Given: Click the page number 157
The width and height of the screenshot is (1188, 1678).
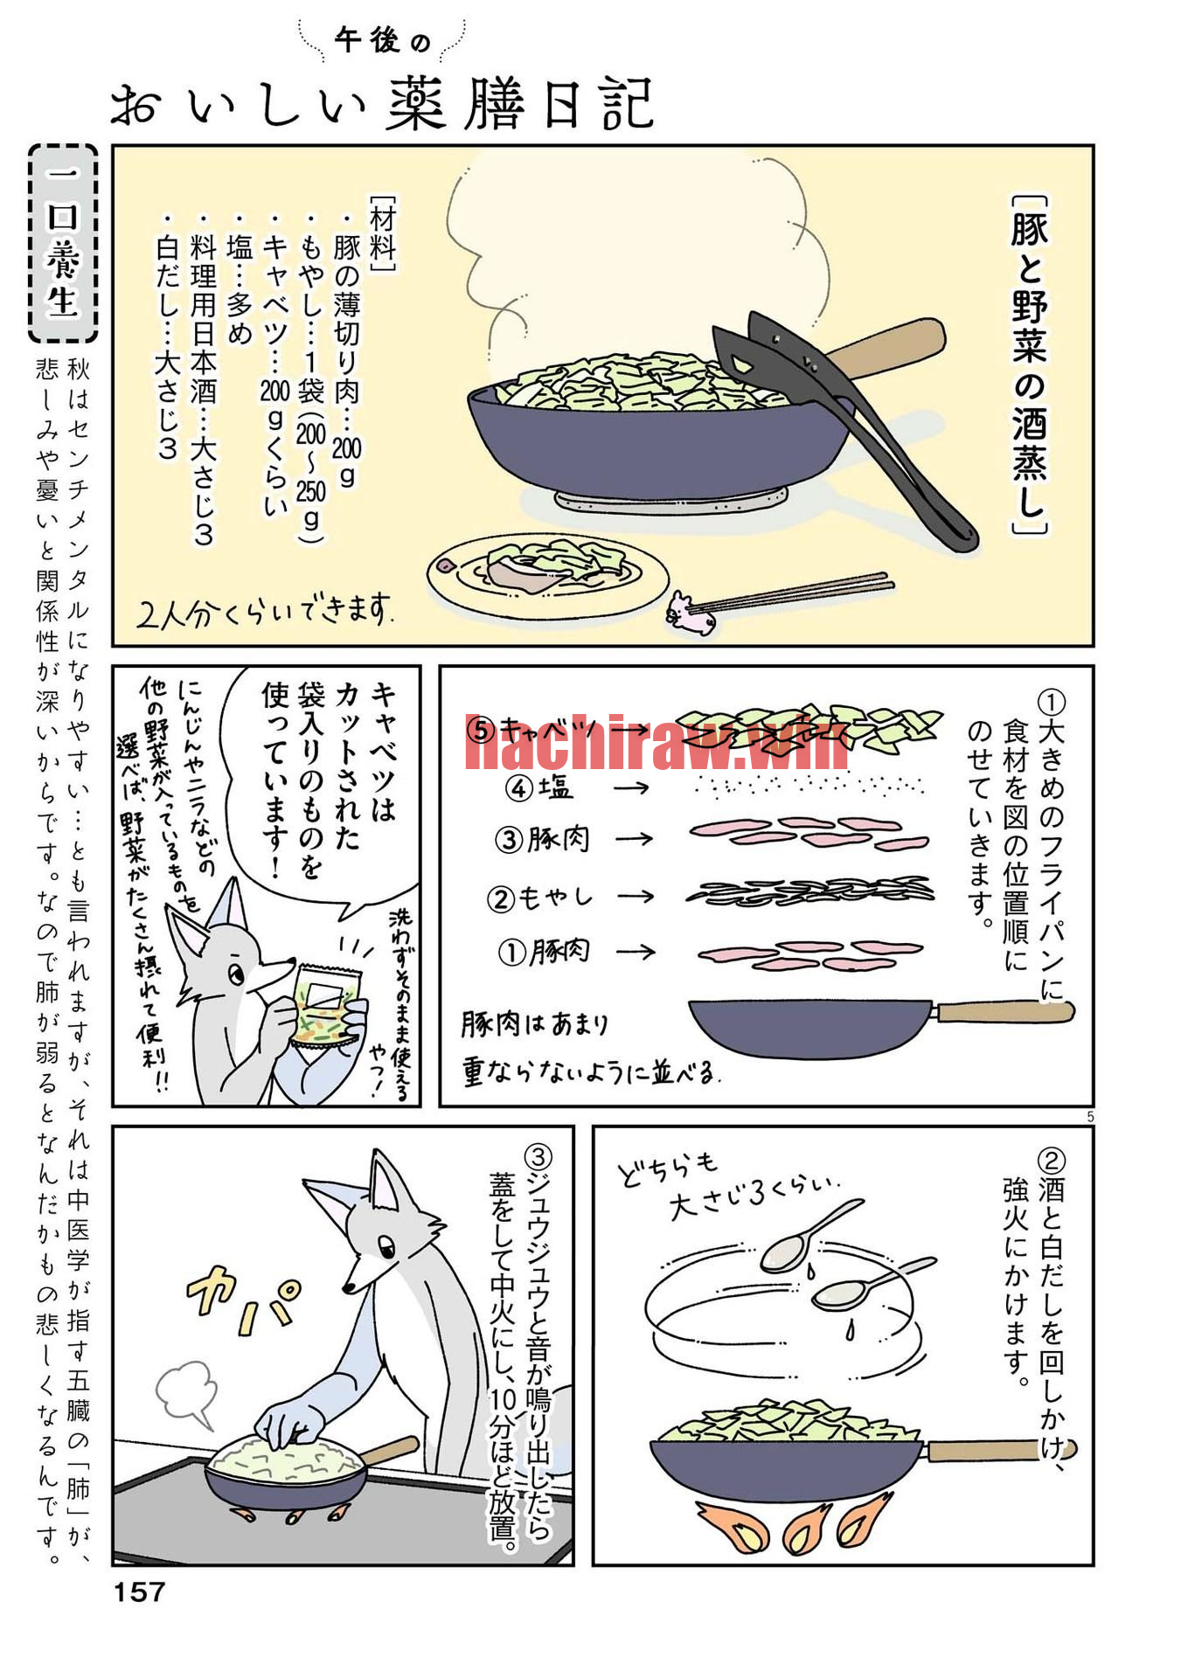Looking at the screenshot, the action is click(139, 1591).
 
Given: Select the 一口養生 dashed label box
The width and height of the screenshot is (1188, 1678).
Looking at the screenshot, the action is click(63, 243).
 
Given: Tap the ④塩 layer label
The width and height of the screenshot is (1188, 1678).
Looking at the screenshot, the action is click(539, 788).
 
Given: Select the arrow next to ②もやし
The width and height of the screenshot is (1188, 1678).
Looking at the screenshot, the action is click(636, 896).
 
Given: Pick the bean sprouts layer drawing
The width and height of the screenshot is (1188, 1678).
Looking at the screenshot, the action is click(809, 891).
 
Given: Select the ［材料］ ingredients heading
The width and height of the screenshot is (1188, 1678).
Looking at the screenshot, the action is click(383, 232).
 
